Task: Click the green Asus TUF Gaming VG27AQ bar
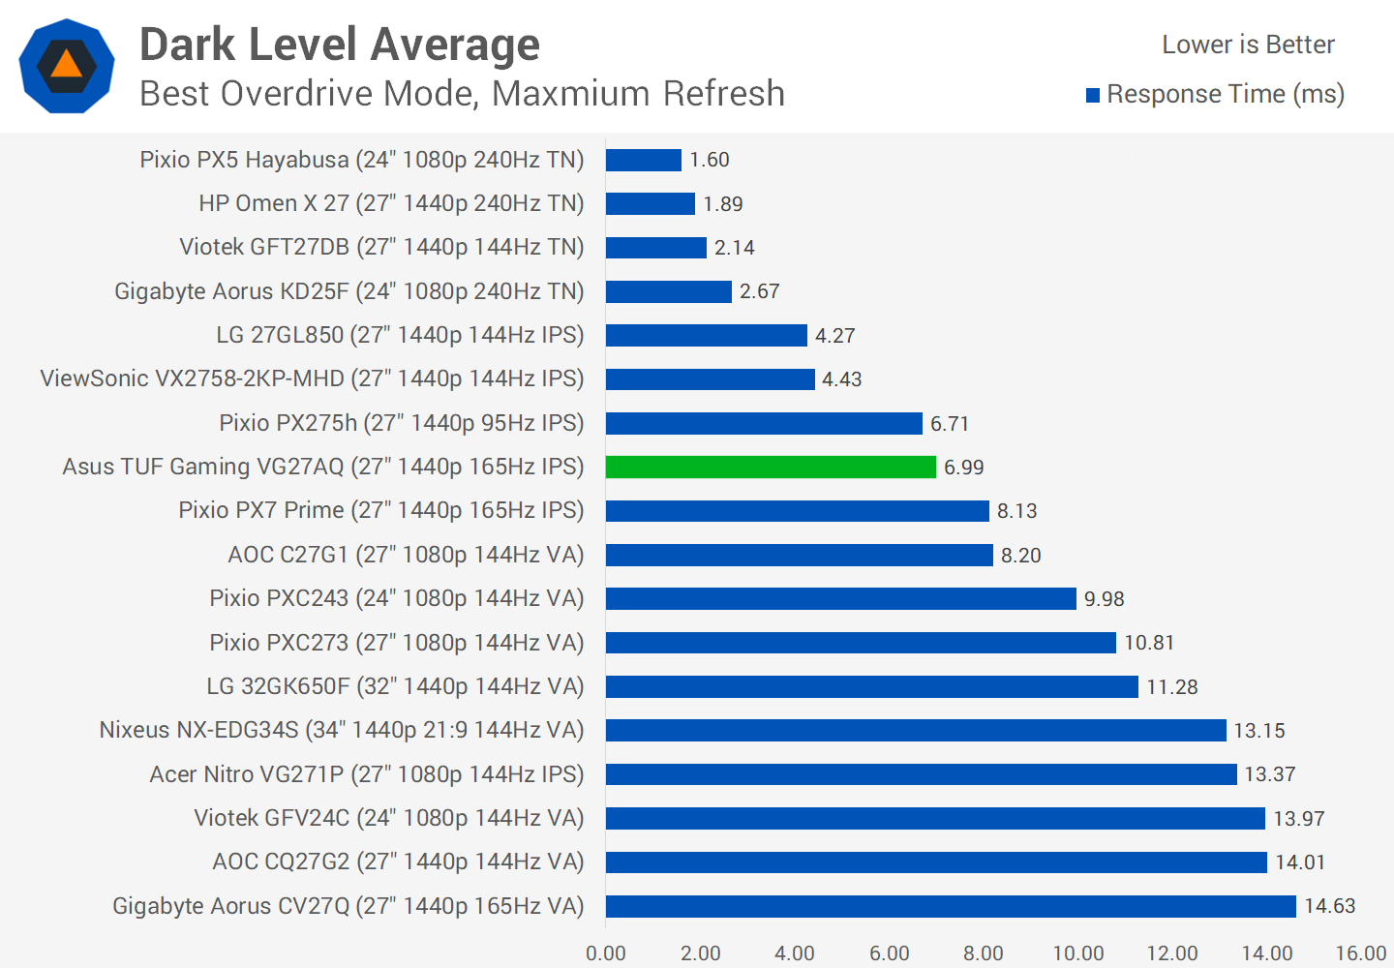[x=771, y=467]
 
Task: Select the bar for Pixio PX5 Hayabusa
[x=644, y=160]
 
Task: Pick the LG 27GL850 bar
[x=707, y=335]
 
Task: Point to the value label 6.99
[x=964, y=468]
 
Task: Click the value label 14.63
[x=1330, y=906]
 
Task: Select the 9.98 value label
[x=1105, y=599]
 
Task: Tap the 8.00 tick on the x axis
[x=984, y=953]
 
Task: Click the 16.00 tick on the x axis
[x=1361, y=953]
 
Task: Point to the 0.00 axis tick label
[x=606, y=953]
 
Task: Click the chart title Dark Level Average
[x=340, y=45]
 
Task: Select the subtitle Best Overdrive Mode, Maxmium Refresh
[x=462, y=94]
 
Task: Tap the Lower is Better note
[x=1248, y=45]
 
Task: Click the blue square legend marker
[x=1093, y=95]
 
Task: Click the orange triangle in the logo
[x=67, y=64]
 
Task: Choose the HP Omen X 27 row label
[x=391, y=203]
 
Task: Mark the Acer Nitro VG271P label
[x=367, y=774]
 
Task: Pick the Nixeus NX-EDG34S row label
[x=342, y=730]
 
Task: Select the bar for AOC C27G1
[x=800, y=555]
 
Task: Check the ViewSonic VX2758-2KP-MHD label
[x=312, y=378]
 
